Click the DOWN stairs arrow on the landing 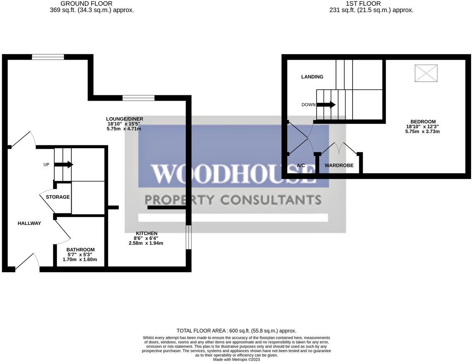click(x=326, y=105)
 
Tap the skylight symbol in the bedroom click(x=426, y=73)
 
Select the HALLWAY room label click(x=29, y=223)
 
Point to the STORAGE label click(x=58, y=197)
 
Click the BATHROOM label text click(x=80, y=250)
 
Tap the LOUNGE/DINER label click(x=124, y=119)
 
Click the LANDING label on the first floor click(x=312, y=77)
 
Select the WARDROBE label click(x=339, y=165)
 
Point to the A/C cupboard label click(x=301, y=165)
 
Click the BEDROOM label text click(x=422, y=121)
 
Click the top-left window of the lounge click(x=48, y=57)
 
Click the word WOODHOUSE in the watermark click(x=232, y=174)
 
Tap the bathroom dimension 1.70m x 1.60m click(x=80, y=260)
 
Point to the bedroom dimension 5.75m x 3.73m click(x=422, y=131)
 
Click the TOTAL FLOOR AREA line click(x=236, y=331)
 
